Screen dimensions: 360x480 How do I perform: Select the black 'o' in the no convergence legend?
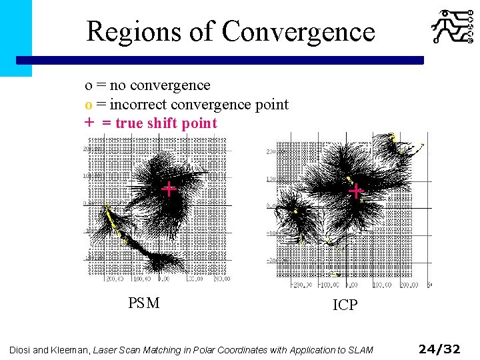[88, 86]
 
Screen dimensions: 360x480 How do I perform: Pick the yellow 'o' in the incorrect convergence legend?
[88, 105]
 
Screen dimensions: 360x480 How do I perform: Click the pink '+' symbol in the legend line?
[88, 123]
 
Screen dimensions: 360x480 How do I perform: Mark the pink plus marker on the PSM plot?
[169, 189]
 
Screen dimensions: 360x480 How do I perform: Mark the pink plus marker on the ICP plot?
[356, 192]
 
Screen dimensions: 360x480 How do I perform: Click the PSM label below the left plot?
[143, 303]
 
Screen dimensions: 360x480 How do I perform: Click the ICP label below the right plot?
[345, 305]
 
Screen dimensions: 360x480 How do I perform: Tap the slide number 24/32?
[439, 349]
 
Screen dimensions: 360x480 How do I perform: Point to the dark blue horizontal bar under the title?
[220, 60]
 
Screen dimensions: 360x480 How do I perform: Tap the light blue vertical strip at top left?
[15, 37]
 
